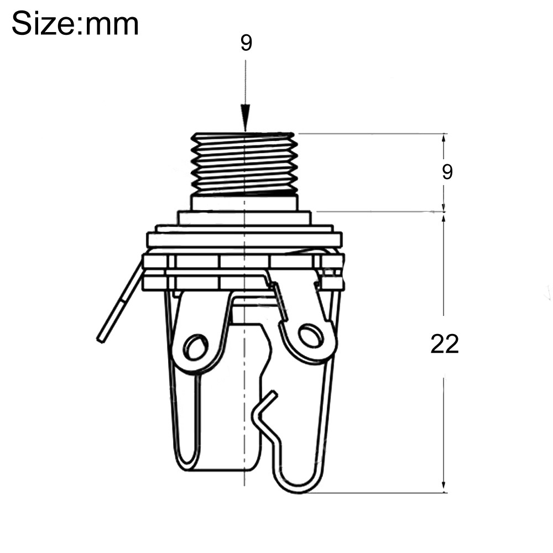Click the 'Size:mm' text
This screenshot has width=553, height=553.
click(75, 24)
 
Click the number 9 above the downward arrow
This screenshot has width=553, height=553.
click(246, 43)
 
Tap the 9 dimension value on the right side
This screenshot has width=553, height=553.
click(447, 172)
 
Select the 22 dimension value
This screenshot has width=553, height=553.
click(445, 344)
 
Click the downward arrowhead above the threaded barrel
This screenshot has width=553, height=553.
click(245, 118)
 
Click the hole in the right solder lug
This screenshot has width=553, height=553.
click(310, 335)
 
